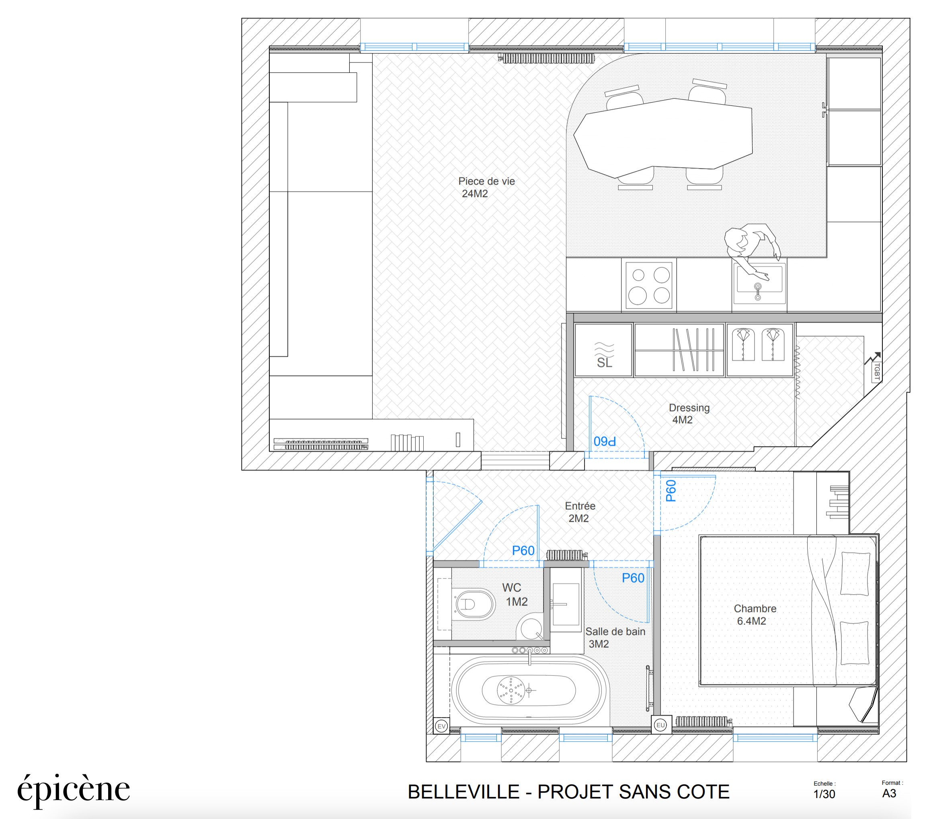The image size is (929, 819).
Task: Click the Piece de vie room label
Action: [x=486, y=187]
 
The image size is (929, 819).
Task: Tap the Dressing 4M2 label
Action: [x=689, y=414]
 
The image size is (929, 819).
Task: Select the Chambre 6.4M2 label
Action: [x=755, y=615]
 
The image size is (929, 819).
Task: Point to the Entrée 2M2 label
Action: [x=580, y=512]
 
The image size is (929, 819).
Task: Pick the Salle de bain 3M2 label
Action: [x=615, y=638]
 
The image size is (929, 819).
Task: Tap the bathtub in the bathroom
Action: [x=529, y=690]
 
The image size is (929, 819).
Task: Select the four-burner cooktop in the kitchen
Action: [x=649, y=286]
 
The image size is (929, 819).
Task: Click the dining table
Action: [x=662, y=138]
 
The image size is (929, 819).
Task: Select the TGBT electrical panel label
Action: [x=877, y=371]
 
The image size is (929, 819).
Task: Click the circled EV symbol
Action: [x=441, y=726]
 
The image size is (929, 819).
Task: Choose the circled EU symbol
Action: [x=660, y=725]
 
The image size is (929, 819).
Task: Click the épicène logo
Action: [x=74, y=790]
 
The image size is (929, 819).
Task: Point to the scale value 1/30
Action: [x=824, y=794]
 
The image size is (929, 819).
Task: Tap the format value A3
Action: [x=889, y=794]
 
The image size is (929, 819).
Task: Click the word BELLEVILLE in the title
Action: [x=463, y=792]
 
